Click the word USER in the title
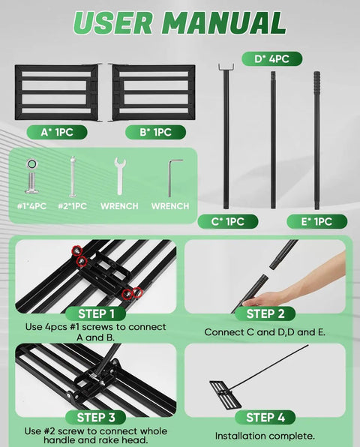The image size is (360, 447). point(113,22)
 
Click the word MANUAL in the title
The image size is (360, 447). point(226,22)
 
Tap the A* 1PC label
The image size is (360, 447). point(57,132)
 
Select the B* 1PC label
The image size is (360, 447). point(156,132)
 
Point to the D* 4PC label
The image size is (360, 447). point(272,59)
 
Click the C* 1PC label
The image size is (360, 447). point(228,221)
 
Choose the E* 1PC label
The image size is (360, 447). point(317,221)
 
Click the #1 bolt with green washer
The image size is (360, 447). point(31,176)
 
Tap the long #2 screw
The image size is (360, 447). point(73,177)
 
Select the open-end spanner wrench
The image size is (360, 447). point(120,176)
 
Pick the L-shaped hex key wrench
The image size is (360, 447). point(171,177)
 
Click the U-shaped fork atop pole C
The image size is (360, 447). point(226,67)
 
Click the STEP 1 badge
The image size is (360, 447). point(96,313)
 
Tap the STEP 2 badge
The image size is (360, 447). point(265,313)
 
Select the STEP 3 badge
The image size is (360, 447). point(96,417)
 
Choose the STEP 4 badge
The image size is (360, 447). point(265,417)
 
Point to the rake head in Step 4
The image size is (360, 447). point(226,395)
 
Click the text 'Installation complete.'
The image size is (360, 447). point(265,436)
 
